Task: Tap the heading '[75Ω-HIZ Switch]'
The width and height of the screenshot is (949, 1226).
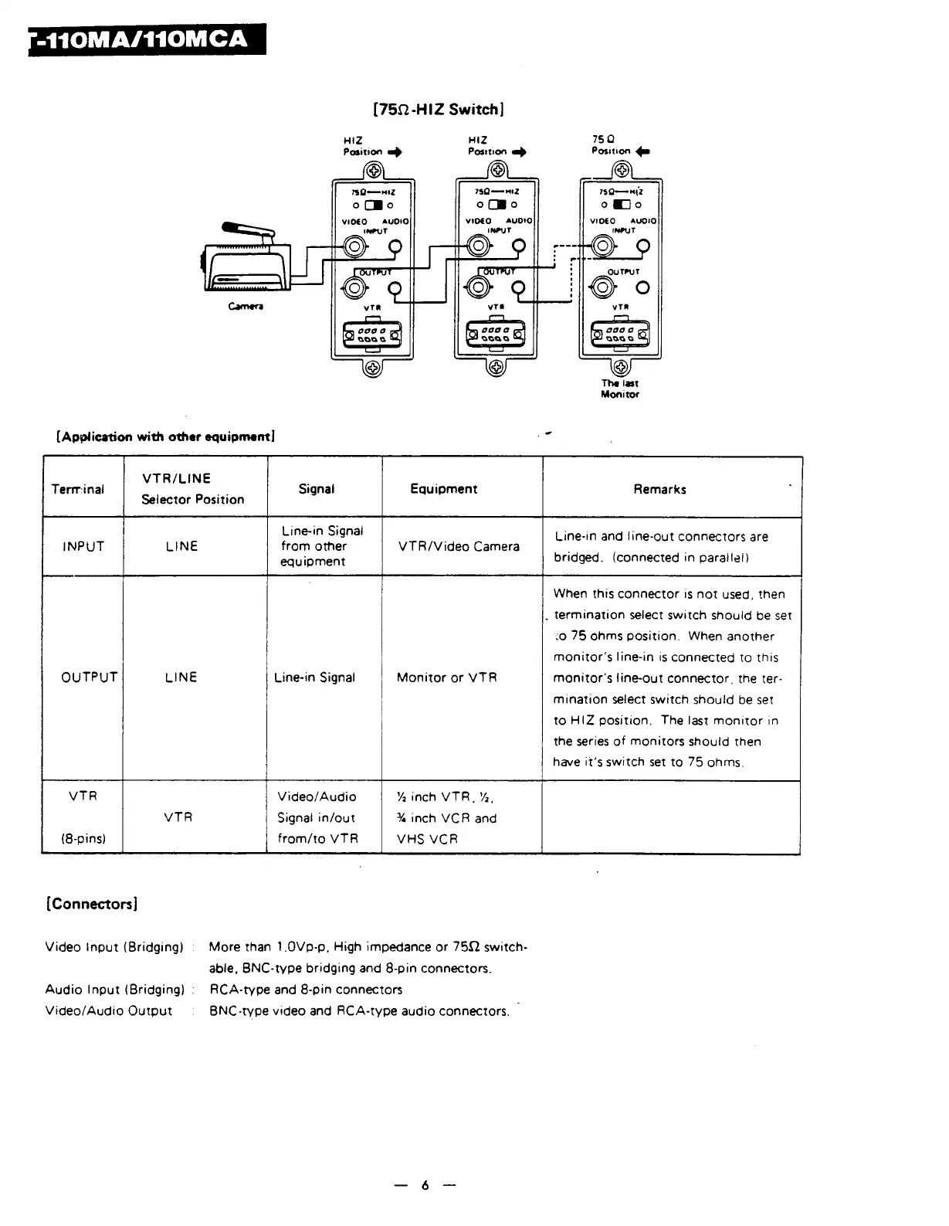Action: click(439, 109)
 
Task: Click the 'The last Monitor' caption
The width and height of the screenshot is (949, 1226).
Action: click(620, 389)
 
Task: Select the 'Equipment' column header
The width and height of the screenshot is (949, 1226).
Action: click(444, 489)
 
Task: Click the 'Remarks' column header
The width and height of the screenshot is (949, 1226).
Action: click(659, 489)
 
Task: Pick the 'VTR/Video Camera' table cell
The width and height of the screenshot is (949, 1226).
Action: click(459, 546)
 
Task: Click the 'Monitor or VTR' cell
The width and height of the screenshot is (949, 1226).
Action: click(446, 678)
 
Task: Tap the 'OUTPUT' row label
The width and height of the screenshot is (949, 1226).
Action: click(90, 678)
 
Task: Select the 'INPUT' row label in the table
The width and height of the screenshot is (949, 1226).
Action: click(83, 546)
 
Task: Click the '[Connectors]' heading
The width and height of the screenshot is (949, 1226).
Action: click(92, 904)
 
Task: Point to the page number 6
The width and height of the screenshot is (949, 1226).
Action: click(425, 1186)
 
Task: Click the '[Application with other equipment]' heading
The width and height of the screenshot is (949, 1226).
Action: click(166, 436)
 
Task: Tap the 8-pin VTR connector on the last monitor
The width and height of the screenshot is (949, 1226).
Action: click(620, 335)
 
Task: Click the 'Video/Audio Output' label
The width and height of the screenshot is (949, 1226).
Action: click(109, 1011)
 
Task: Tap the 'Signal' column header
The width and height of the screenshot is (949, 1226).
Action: click(317, 489)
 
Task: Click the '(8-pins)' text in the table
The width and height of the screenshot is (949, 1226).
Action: click(83, 838)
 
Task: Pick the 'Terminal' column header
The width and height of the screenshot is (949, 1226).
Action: click(77, 489)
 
